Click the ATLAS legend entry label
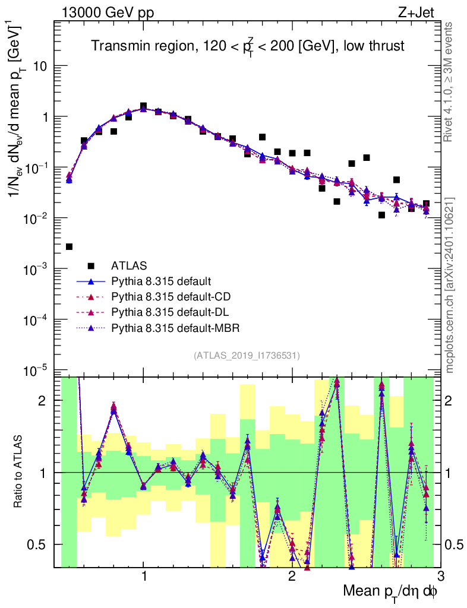(129, 265)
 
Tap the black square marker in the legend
(91, 265)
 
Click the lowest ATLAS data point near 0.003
(69, 246)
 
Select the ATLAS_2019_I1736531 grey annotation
(247, 356)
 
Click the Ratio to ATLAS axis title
(20, 472)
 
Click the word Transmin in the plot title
(116, 46)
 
